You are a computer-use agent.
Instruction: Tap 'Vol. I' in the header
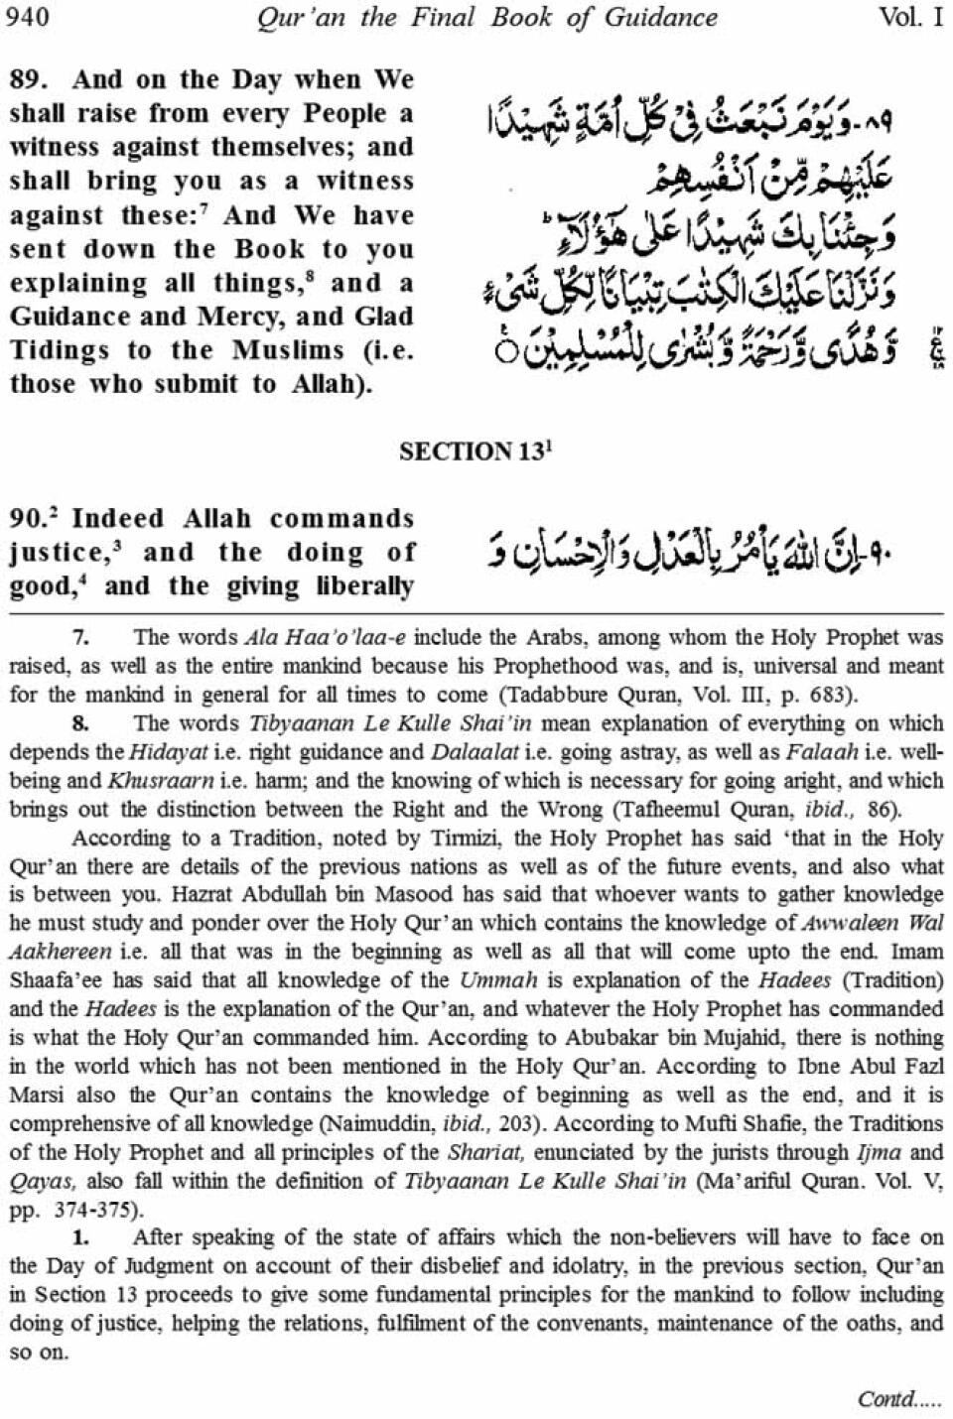[910, 17]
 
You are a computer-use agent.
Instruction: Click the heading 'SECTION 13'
[475, 451]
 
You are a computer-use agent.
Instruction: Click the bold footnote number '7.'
[81, 637]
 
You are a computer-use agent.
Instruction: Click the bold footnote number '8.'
[81, 723]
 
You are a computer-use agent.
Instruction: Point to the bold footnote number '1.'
[81, 1237]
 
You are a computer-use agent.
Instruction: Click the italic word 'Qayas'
[40, 1181]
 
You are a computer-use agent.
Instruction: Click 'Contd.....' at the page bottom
[899, 1398]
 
